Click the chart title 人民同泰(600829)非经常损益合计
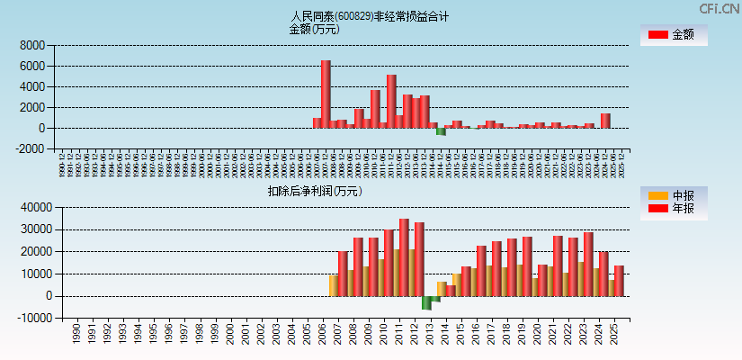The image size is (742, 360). [370, 16]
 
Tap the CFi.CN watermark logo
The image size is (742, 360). [719, 8]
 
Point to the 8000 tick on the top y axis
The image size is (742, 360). [31, 45]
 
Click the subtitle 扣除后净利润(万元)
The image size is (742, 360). [315, 191]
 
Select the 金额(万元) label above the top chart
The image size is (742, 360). [314, 29]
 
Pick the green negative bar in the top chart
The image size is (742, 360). [441, 131]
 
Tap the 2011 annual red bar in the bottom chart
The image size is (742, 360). [404, 256]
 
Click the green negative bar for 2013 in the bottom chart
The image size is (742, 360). [426, 302]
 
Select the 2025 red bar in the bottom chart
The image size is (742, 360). [619, 280]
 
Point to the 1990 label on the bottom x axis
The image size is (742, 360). [76, 332]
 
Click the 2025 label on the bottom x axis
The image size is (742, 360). [613, 332]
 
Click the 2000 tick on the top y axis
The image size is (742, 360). [31, 107]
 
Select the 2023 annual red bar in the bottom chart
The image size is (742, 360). [588, 264]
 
